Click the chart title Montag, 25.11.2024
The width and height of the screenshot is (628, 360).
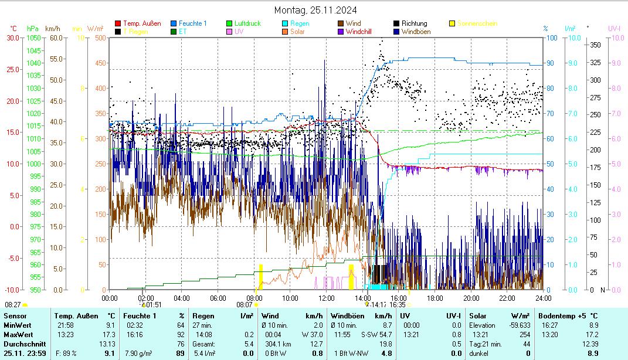(x=315, y=10)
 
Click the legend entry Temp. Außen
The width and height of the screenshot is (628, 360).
(x=142, y=23)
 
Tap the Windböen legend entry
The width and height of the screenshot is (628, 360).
(x=418, y=32)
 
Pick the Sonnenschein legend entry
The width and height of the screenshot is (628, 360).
(x=477, y=23)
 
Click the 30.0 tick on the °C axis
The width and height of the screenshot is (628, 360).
(x=13, y=38)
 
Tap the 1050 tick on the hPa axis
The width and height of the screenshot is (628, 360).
(x=33, y=38)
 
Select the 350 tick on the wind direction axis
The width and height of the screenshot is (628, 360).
(x=595, y=45)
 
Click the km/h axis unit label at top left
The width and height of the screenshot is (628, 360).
(x=52, y=28)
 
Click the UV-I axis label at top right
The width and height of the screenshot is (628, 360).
(x=615, y=28)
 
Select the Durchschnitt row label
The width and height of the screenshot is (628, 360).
(x=22, y=344)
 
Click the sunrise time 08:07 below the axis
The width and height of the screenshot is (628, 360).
(x=245, y=305)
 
